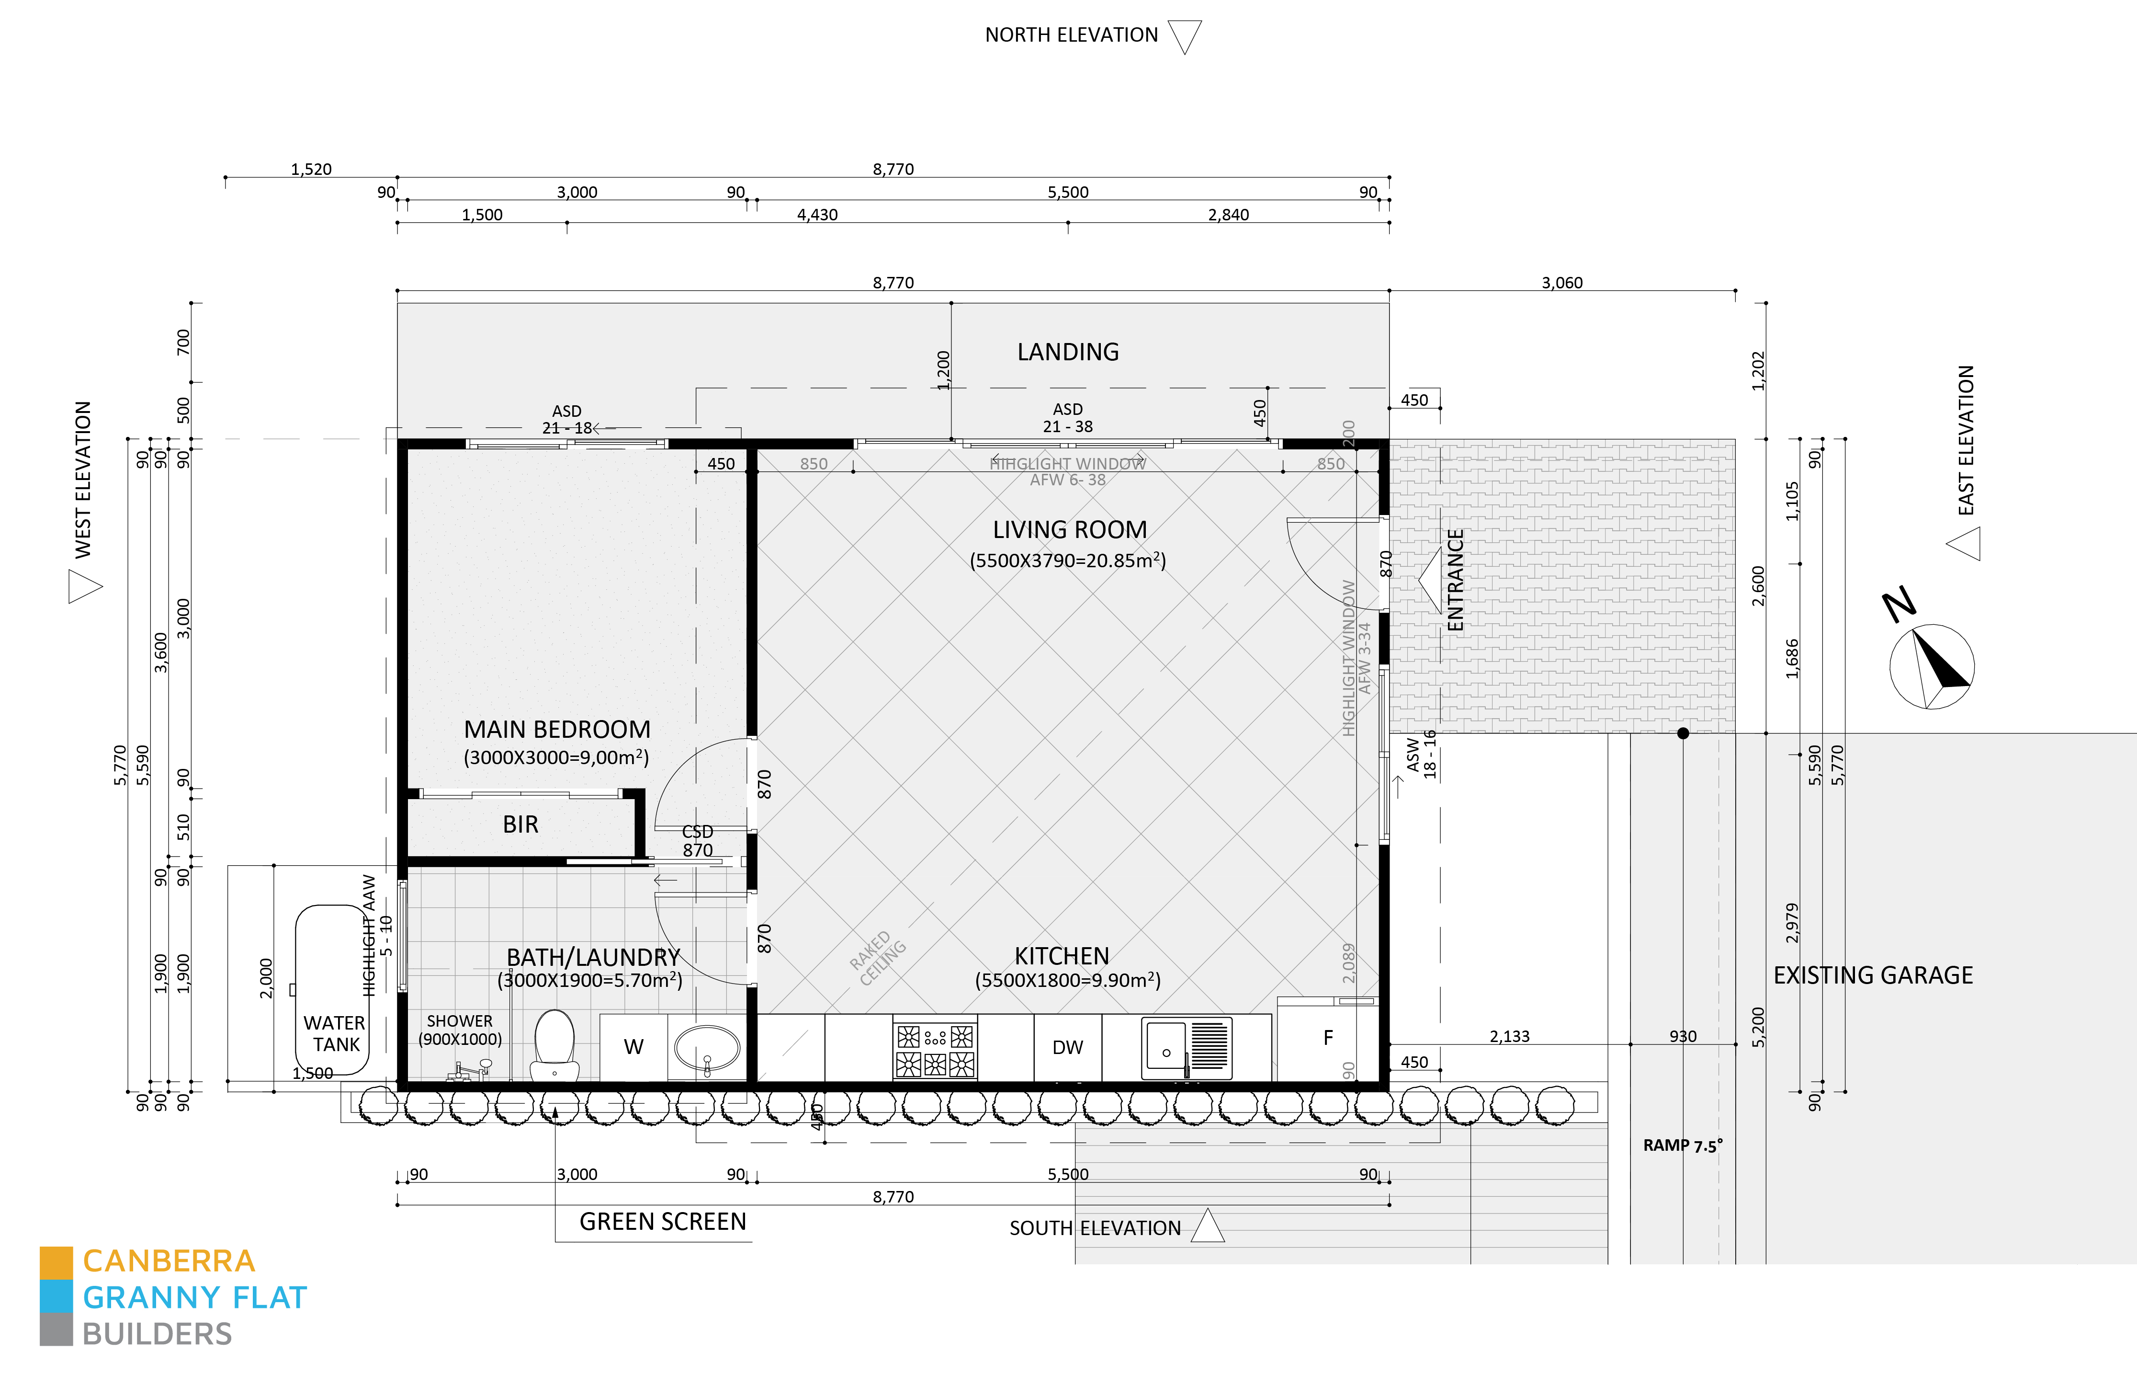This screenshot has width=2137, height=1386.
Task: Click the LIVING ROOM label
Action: tap(1069, 530)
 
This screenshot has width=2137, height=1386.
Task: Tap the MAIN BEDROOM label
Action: tap(557, 729)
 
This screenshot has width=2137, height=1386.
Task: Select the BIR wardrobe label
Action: tap(521, 825)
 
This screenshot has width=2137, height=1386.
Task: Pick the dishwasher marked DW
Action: tap(1068, 1047)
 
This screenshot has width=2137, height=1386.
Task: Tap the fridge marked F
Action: tap(1328, 1038)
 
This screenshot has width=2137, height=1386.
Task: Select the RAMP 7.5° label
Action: tap(1682, 1145)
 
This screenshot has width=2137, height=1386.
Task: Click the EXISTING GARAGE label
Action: tap(1873, 975)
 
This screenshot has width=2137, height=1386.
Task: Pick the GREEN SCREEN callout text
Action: tap(663, 1222)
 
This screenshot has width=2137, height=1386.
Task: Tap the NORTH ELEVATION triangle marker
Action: tap(1185, 36)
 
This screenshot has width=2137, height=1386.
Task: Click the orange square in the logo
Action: tap(56, 1262)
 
